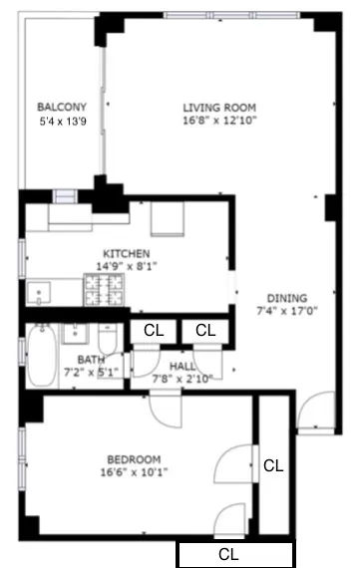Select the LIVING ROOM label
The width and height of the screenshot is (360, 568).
219,108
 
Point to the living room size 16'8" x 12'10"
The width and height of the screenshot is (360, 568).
219,123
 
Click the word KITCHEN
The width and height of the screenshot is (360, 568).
127,253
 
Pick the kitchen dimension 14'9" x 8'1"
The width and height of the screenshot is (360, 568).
127,266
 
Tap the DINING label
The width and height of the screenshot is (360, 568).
287,297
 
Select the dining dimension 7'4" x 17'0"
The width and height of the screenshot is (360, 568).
287,311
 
